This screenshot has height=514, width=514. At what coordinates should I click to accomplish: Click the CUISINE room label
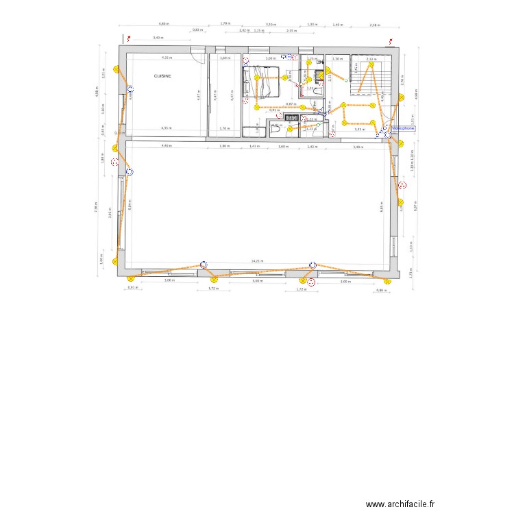coord(162,77)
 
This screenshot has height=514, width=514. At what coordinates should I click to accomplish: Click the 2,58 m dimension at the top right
coord(374,25)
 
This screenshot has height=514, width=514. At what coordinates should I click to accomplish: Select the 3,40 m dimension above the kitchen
coord(157,38)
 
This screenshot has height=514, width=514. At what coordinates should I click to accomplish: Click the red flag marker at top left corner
coord(125,40)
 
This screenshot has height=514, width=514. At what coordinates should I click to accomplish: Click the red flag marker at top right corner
coord(391,40)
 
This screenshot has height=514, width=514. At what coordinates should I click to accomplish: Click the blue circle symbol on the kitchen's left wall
coord(130,90)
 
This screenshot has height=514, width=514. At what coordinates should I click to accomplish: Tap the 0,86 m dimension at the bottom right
coord(380,291)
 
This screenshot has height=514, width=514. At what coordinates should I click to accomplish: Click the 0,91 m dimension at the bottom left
coord(132,288)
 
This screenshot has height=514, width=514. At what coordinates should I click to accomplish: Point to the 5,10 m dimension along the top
coord(271,24)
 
